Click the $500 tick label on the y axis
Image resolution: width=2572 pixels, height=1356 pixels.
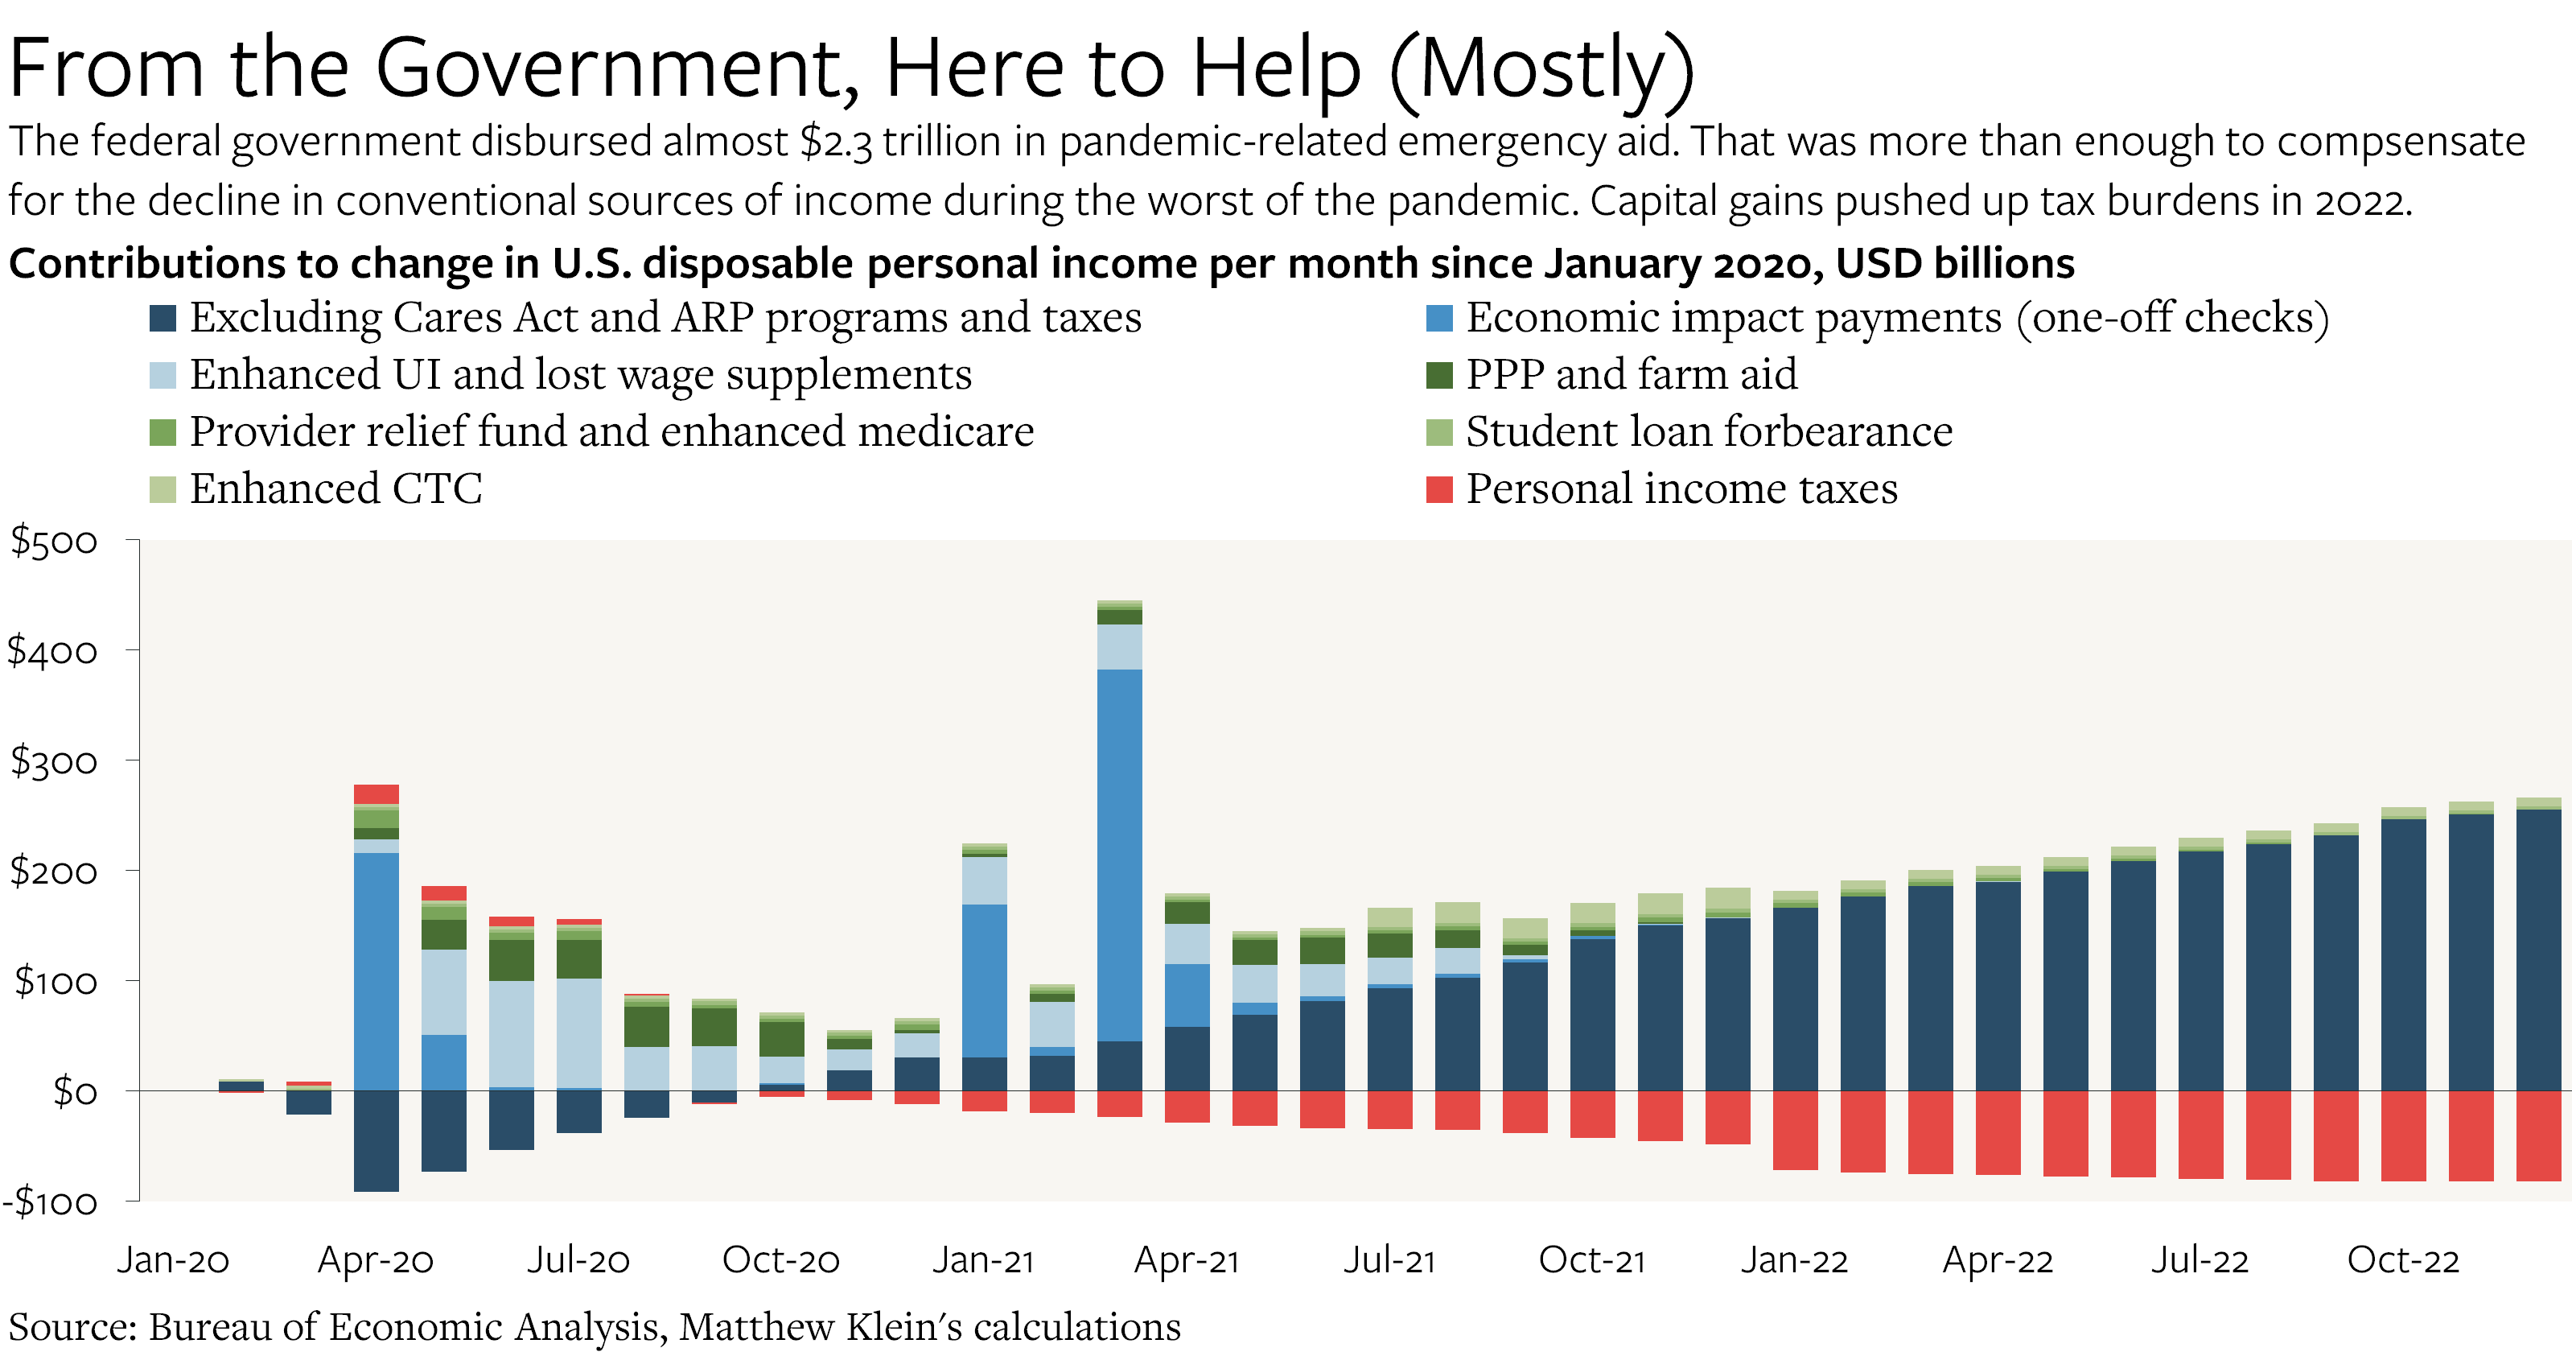(54, 542)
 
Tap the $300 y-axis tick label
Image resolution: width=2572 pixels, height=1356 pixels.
(54, 762)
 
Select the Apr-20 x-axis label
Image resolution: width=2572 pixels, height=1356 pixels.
(376, 1260)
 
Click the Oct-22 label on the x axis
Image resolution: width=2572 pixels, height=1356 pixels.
(2402, 1260)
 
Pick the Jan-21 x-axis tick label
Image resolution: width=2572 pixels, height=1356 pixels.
(983, 1260)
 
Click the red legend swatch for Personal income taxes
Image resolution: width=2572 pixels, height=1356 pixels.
(1438, 489)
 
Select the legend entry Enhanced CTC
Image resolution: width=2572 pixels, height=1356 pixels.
(335, 489)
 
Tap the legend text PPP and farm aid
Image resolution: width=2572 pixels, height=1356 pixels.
(1631, 374)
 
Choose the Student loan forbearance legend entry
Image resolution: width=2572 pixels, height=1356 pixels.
(1708, 431)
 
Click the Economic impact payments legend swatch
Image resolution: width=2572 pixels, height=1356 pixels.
(1438, 318)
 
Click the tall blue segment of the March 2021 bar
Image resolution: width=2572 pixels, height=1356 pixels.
(1119, 854)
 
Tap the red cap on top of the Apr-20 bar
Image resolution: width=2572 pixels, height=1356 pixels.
(377, 793)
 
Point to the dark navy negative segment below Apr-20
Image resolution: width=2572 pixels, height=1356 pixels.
(377, 1140)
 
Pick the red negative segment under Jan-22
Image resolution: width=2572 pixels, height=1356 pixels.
(1795, 1129)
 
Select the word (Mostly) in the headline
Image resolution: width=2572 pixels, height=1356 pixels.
(1541, 68)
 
